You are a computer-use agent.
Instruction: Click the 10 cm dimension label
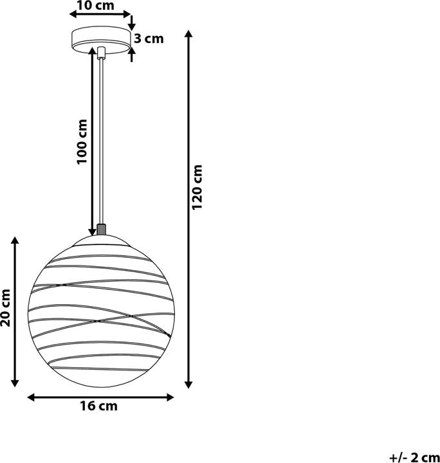point(95,6)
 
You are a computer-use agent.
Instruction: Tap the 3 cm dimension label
point(149,39)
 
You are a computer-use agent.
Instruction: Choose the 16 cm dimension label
point(100,406)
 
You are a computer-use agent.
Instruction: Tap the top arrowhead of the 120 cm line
point(188,34)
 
